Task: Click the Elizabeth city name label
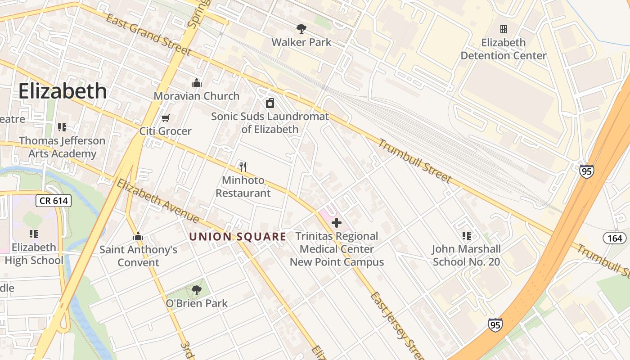[63, 91]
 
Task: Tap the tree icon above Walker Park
[301, 29]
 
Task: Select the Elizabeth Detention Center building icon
[504, 29]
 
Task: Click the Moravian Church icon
[196, 83]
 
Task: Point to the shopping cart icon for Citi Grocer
[166, 118]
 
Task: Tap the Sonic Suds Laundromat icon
[270, 103]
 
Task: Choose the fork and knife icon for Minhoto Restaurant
[243, 167]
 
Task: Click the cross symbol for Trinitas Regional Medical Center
[336, 222]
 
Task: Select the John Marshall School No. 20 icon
[466, 235]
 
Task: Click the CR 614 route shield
[54, 201]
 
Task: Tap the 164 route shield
[615, 238]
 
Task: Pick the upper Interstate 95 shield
[586, 171]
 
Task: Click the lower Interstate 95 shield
[495, 325]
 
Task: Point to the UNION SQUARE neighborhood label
[238, 237]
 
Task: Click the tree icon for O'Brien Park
[196, 290]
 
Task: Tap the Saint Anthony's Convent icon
[138, 236]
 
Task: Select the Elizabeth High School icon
[34, 234]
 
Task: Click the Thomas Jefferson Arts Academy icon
[62, 127]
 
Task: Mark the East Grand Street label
[149, 34]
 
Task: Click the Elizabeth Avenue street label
[157, 201]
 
